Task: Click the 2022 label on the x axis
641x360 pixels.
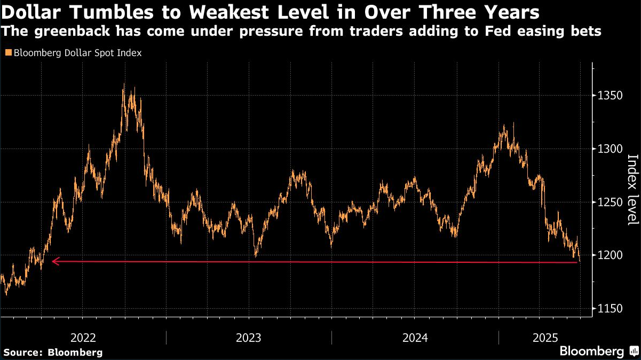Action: [x=83, y=338]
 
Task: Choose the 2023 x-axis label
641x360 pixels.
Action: [x=249, y=338]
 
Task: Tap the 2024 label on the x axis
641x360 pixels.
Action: [x=415, y=338]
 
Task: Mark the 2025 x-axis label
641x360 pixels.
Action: [x=545, y=338]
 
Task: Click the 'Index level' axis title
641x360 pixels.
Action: [x=632, y=190]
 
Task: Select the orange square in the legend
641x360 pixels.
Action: [x=8, y=53]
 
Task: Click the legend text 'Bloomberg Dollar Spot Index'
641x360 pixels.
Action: [x=77, y=53]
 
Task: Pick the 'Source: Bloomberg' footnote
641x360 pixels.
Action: [x=53, y=353]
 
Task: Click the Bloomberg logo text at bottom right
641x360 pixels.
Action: [x=591, y=351]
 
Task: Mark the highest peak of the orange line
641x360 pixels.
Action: [x=124, y=84]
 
